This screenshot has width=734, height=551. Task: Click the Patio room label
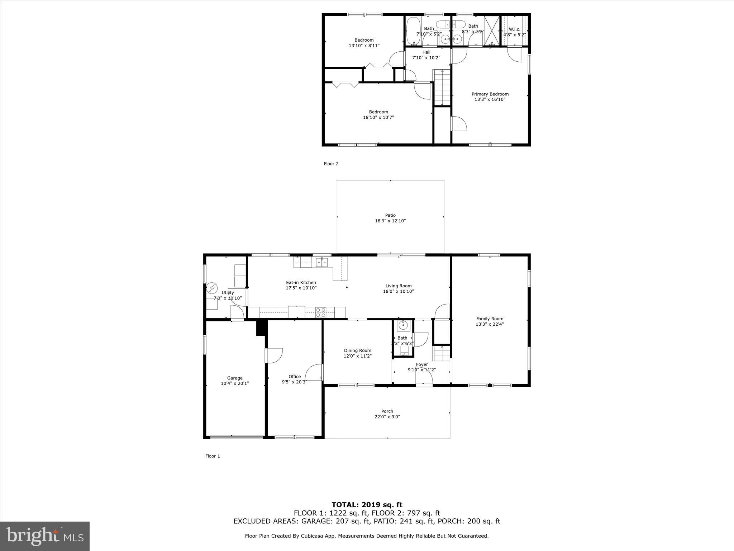390,215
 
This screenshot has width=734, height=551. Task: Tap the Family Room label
490,319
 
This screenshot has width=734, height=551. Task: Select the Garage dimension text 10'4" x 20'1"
235,383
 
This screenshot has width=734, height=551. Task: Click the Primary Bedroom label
490,94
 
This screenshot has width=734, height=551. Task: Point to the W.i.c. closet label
514,29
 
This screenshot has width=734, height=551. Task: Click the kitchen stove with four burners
320,312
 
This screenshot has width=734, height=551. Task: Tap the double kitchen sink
321,263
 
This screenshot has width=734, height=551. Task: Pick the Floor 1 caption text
213,456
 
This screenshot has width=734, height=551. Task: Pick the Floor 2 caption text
331,164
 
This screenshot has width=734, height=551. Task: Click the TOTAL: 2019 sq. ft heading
367,505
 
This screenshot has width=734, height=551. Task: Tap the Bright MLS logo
45,536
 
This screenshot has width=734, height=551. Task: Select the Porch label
387,411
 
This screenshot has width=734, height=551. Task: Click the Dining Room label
357,350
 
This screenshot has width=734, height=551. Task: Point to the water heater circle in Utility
212,288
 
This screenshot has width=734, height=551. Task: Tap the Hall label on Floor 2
426,52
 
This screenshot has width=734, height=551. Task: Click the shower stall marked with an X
492,30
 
